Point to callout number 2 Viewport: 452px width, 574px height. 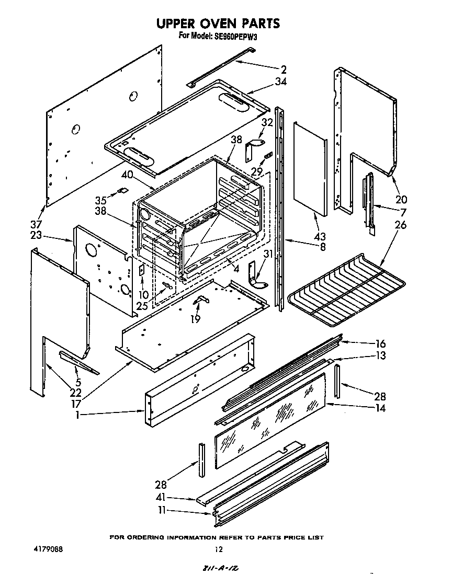tap(283, 69)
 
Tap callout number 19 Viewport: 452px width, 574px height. tap(195, 318)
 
